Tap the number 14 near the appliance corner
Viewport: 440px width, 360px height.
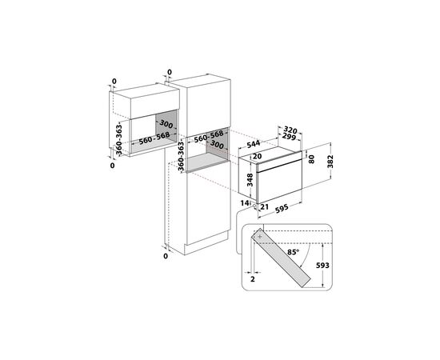pyautogui.click(x=246, y=204)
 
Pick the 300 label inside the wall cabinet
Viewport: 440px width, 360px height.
pyautogui.click(x=166, y=125)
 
